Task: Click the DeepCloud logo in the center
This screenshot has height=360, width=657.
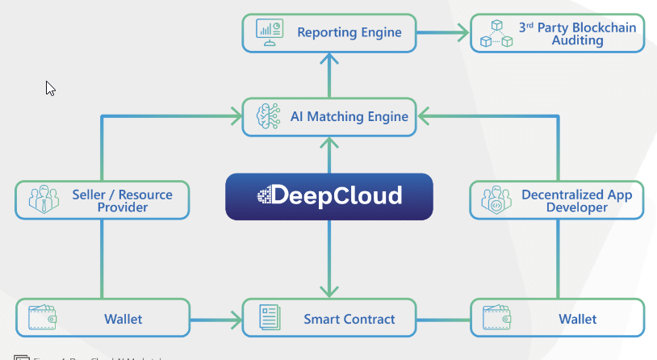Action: (328, 196)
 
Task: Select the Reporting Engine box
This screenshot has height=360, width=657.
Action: (328, 32)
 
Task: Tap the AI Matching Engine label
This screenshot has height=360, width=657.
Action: (349, 117)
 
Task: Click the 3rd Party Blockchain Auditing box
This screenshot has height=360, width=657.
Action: (557, 33)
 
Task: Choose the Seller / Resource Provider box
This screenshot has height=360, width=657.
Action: (103, 200)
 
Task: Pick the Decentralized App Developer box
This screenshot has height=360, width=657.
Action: (557, 200)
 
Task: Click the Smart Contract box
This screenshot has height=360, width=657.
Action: (329, 318)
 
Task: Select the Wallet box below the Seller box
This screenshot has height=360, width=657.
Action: (103, 318)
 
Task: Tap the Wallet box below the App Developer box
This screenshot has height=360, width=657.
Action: (557, 318)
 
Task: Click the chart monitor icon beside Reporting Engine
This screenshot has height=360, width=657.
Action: (267, 31)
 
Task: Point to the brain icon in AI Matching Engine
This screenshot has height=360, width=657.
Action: (267, 117)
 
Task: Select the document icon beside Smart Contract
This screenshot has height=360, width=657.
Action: (269, 318)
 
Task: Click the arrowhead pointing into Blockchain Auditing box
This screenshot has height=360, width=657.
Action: (464, 33)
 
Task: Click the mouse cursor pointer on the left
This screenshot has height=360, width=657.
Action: (50, 88)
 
